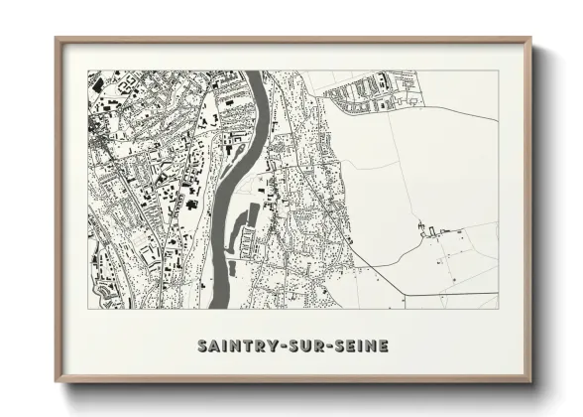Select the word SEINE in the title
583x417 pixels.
click(x=362, y=347)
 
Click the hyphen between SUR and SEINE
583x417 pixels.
click(x=334, y=347)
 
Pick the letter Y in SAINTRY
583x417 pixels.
click(x=272, y=347)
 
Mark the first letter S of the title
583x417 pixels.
click(x=203, y=347)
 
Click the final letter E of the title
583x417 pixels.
click(x=384, y=347)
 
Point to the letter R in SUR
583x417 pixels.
click(x=322, y=347)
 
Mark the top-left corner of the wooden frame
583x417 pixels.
click(x=56, y=39)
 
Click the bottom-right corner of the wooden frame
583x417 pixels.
click(x=530, y=381)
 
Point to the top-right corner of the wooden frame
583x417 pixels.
click(x=530, y=39)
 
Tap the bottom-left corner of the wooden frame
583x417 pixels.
click(x=56, y=381)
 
